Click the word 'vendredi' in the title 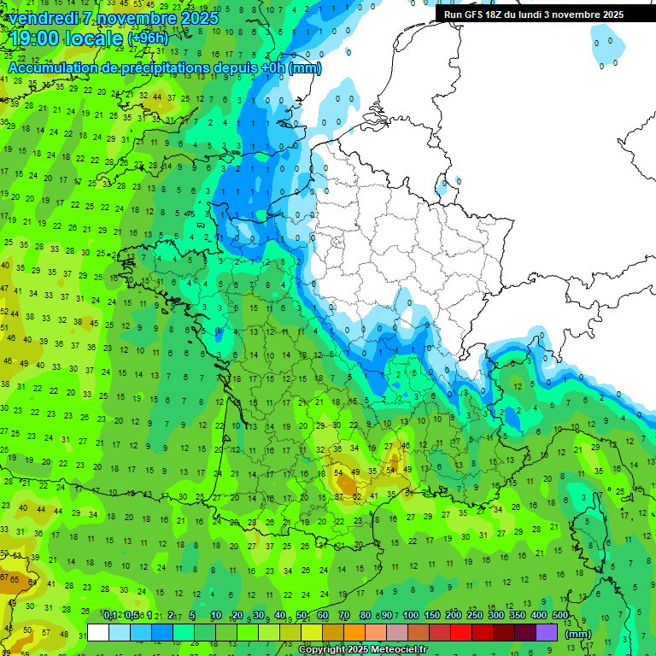(x=43, y=18)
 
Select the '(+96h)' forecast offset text (x=149, y=39)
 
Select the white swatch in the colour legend (x=98, y=633)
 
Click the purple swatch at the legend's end (x=547, y=633)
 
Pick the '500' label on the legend (x=560, y=616)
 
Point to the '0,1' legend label (x=109, y=616)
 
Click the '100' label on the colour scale (x=410, y=616)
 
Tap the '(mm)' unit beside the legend (x=578, y=634)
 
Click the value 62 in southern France (x=356, y=496)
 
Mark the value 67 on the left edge (x=4, y=577)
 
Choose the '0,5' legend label (x=132, y=616)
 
